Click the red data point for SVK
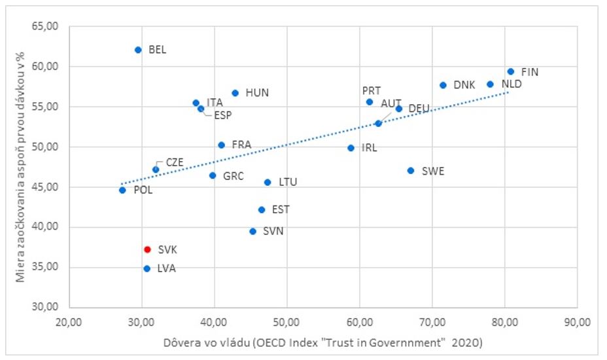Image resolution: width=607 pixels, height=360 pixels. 148,249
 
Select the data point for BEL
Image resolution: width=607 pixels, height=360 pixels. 138,50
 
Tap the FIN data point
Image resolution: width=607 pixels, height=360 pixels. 511,71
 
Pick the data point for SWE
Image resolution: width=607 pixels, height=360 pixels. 411,170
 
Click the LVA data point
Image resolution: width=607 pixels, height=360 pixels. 147,268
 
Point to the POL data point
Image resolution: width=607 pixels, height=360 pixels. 122,190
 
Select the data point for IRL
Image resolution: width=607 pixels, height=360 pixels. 351,148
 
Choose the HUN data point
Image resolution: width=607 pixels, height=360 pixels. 235,93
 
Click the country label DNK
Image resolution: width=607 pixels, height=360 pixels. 464,85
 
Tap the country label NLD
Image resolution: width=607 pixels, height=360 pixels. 512,84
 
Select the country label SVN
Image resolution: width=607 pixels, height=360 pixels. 273,231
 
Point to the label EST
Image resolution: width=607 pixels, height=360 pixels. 281,209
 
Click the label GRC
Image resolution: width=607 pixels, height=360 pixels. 234,175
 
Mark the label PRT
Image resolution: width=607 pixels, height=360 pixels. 372,91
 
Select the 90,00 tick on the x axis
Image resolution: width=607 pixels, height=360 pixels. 578,321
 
